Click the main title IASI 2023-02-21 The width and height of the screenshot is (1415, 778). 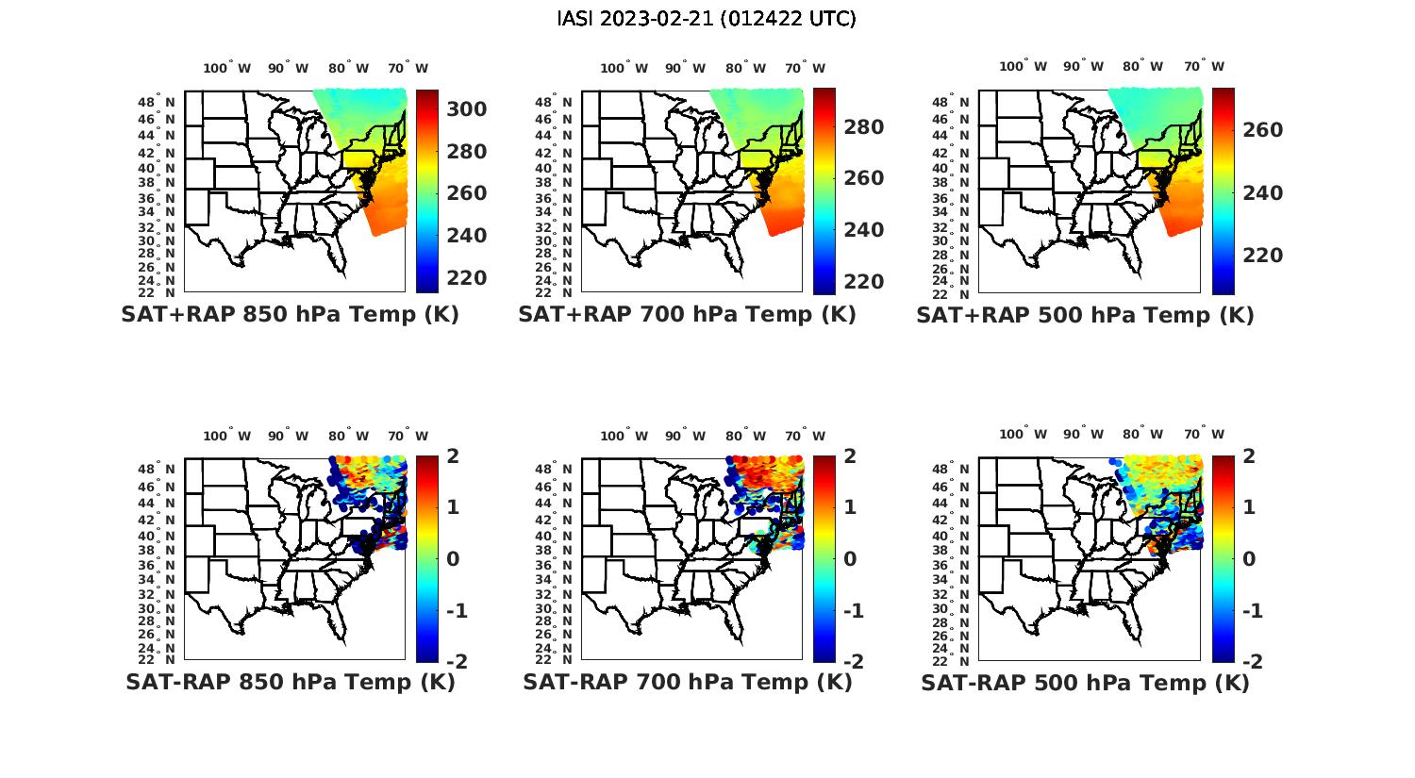(707, 18)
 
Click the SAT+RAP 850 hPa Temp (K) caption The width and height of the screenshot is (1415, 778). (290, 314)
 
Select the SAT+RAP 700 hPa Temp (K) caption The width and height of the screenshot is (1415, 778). (687, 314)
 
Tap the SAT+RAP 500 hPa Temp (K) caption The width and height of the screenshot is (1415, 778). (1085, 315)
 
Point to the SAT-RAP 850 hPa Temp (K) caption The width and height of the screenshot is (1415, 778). (290, 682)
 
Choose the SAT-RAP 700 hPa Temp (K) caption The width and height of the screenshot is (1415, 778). (687, 682)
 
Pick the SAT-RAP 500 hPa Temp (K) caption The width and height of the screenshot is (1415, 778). (1085, 683)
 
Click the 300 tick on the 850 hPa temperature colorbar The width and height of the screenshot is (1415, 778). (466, 109)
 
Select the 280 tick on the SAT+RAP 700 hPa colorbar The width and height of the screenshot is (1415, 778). (863, 127)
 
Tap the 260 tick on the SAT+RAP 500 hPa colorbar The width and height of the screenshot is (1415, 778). (1262, 130)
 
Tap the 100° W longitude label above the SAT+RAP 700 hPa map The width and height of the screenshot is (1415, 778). (624, 68)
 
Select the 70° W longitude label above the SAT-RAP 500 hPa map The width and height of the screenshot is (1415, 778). (1204, 435)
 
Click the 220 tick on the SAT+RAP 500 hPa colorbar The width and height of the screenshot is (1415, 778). (1262, 256)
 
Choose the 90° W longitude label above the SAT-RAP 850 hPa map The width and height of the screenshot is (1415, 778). (288, 436)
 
